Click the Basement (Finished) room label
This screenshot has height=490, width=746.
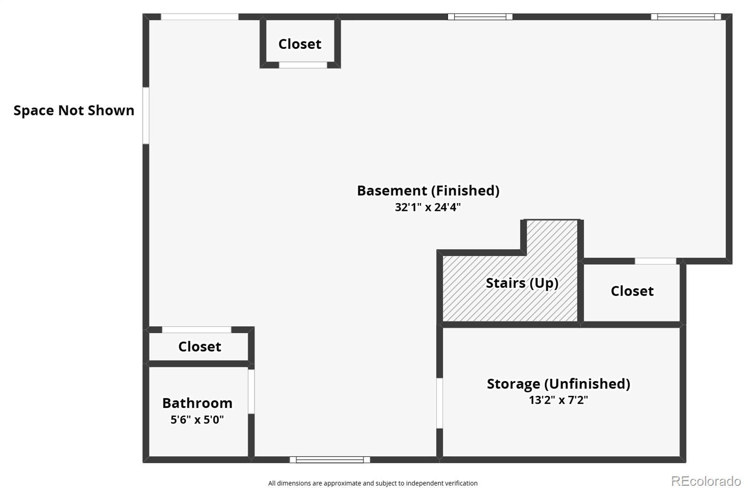[428, 191]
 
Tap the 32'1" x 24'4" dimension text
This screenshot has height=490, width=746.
[428, 207]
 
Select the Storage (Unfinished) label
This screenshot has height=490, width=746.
[558, 384]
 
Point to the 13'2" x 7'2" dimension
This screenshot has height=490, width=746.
[558, 400]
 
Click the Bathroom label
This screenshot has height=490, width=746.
[197, 403]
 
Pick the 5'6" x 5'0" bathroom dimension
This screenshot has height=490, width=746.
[197, 420]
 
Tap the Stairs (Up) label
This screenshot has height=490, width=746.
[522, 283]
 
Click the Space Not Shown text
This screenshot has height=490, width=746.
[74, 110]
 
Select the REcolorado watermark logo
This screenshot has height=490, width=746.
[705, 481]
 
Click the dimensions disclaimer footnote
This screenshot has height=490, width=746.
[373, 483]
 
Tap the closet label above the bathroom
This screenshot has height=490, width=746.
[200, 347]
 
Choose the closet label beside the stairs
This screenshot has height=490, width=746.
[632, 291]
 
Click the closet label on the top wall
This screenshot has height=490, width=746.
[300, 44]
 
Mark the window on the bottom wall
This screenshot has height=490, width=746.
[330, 460]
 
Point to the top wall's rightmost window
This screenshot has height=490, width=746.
[686, 17]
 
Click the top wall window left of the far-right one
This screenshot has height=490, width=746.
[480, 17]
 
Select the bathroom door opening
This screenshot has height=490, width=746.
[251, 391]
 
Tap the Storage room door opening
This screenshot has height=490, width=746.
[439, 403]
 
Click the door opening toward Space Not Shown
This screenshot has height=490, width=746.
[146, 116]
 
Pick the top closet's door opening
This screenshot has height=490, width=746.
[303, 65]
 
